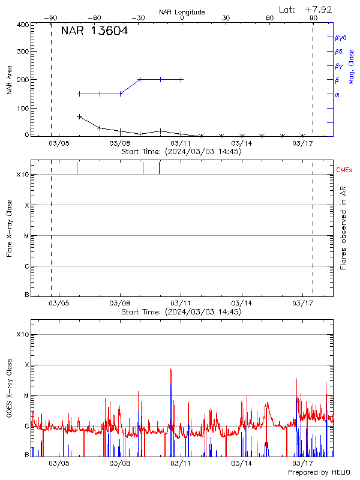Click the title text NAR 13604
[x=94, y=32]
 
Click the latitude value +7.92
[x=318, y=9]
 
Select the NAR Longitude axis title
[x=182, y=12]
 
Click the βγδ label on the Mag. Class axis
[x=341, y=37]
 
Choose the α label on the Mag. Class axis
[x=337, y=94]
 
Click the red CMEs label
[x=344, y=170]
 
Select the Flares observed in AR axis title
[x=343, y=228]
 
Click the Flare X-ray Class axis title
[x=9, y=228]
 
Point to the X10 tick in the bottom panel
[x=23, y=334]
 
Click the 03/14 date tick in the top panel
[x=242, y=143]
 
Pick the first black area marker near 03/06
[x=79, y=116]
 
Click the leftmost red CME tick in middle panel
[x=77, y=168]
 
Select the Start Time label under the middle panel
[x=182, y=312]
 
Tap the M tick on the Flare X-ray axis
[x=26, y=236]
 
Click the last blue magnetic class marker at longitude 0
[x=181, y=79]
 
